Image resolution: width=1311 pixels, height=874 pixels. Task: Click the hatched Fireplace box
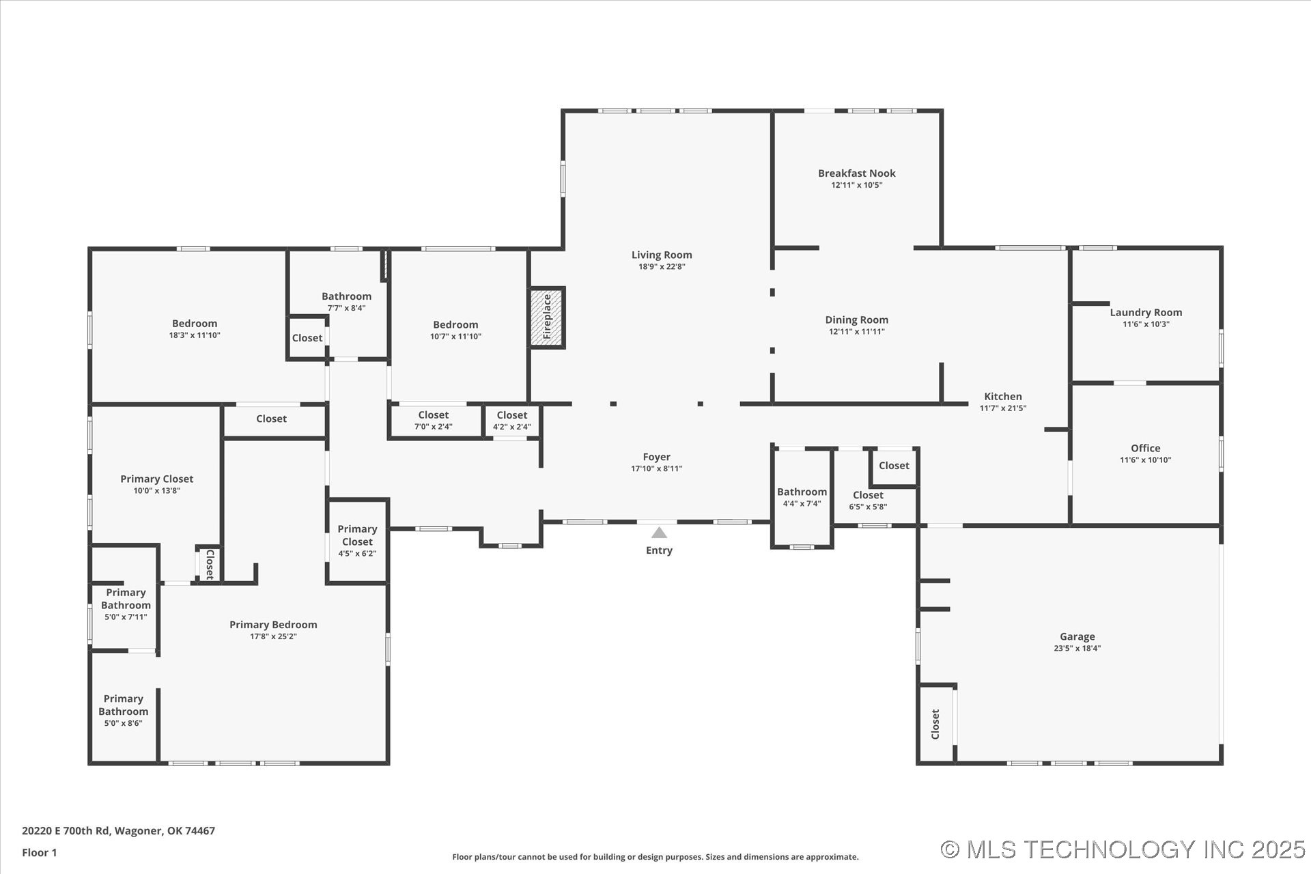[x=547, y=318]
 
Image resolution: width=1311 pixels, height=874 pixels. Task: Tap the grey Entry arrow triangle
[x=659, y=533]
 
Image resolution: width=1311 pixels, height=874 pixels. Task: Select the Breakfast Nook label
[x=856, y=173]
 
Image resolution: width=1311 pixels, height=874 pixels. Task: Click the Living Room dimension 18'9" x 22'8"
[x=661, y=267]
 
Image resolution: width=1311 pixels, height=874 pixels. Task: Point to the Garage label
[x=1077, y=636]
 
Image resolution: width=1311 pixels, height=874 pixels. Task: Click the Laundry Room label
[x=1145, y=313]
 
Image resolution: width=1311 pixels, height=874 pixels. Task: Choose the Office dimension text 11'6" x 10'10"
[x=1145, y=460]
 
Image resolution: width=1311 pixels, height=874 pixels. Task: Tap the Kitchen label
[x=1002, y=397]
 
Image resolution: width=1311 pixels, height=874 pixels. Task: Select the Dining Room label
[x=856, y=320]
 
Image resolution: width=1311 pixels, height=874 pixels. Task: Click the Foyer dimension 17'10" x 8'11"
[x=656, y=469]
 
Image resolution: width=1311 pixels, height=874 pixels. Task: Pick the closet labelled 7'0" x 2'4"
[x=433, y=421]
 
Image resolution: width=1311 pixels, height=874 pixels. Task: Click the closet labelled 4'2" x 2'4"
[x=511, y=421]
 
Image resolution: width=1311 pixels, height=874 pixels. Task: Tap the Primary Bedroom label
[x=273, y=625]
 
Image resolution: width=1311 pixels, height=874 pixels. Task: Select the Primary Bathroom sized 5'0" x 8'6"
[x=123, y=710]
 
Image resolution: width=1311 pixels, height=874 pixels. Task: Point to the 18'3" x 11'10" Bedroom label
[x=195, y=324]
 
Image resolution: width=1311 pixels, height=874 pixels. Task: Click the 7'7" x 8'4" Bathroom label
[x=346, y=296]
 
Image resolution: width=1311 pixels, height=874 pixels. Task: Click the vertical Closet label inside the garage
[x=935, y=724]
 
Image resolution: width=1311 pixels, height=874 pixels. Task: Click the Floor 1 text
[x=40, y=853]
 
